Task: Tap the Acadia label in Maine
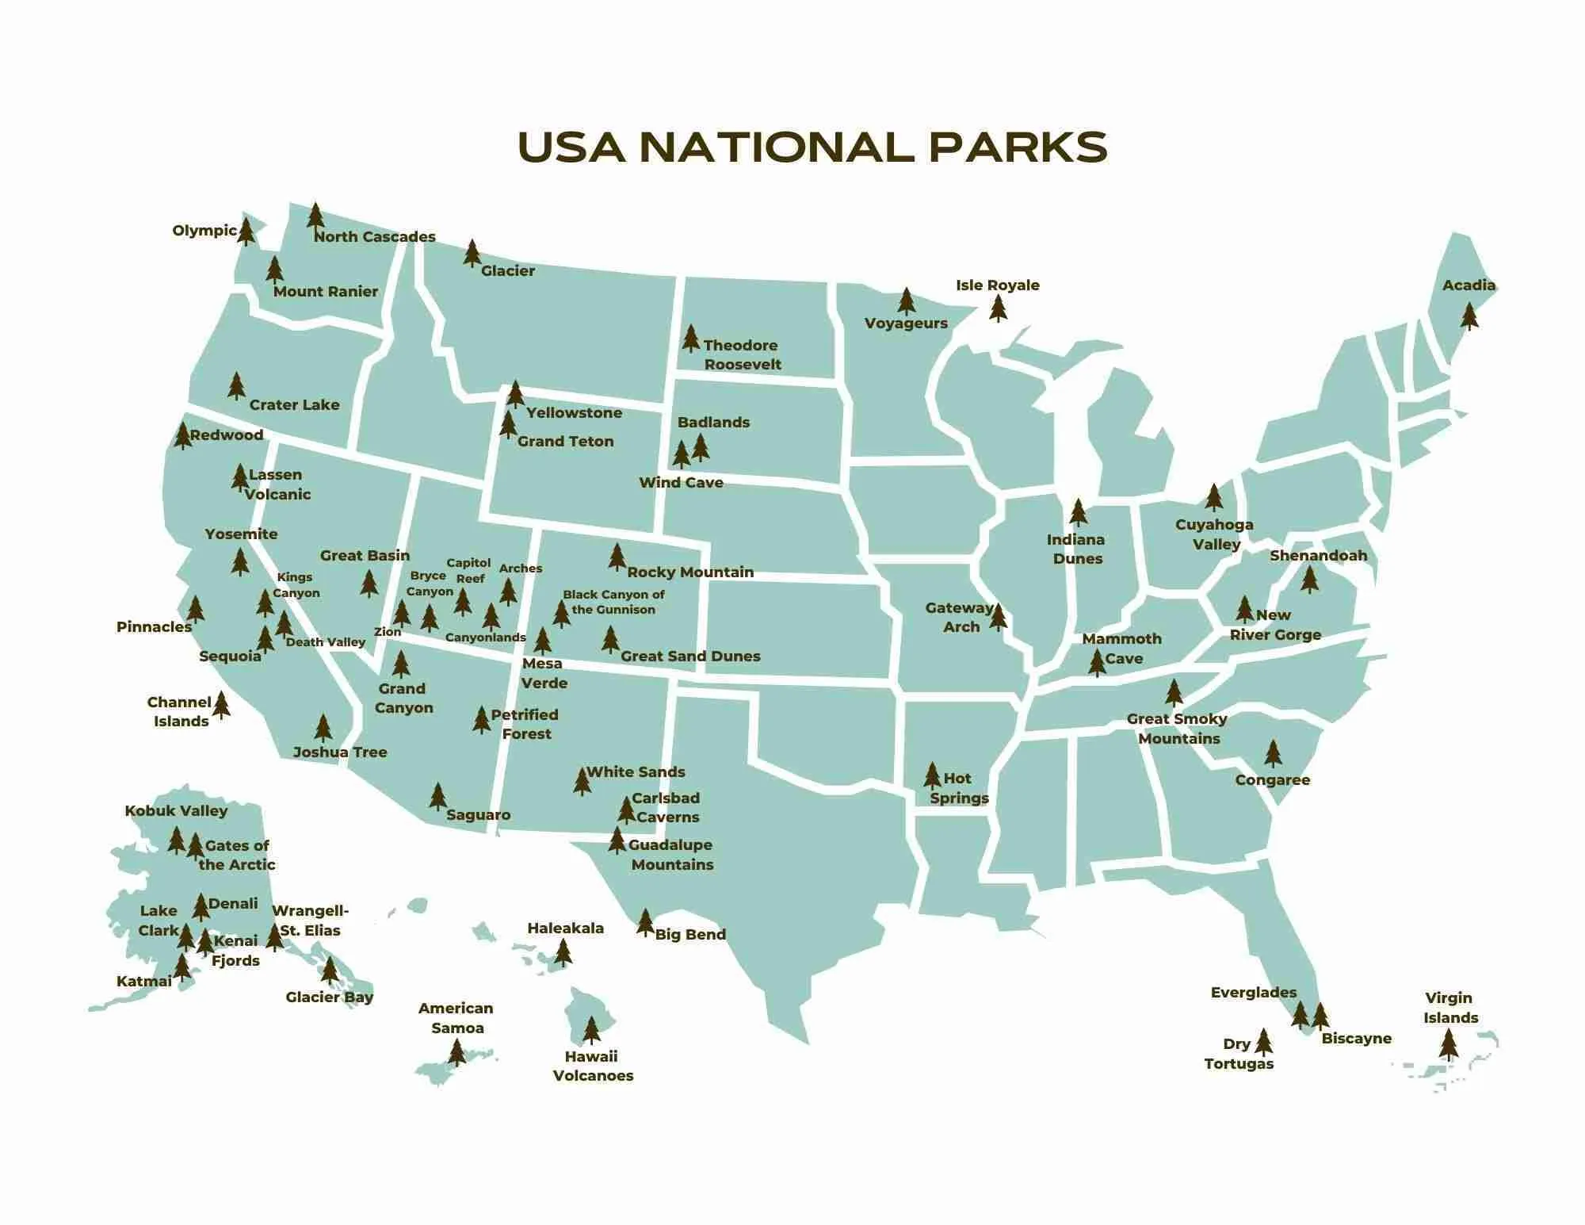[x=1469, y=285]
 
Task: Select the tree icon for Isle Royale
[x=999, y=308]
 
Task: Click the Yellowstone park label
[x=574, y=413]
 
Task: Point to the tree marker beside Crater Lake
[x=236, y=386]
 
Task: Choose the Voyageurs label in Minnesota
[x=906, y=323]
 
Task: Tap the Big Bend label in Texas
[x=690, y=935]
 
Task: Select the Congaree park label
[x=1272, y=780]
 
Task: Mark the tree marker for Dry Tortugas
[x=1263, y=1043]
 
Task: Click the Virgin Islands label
[x=1450, y=1008]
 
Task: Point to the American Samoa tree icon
[x=456, y=1052]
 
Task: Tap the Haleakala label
[x=565, y=928]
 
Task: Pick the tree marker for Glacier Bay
[x=330, y=970]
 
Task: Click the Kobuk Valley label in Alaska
[x=176, y=811]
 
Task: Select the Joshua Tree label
[x=340, y=752]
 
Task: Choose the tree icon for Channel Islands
[x=221, y=704]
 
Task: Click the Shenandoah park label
[x=1318, y=556]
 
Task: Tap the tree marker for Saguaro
[x=437, y=796]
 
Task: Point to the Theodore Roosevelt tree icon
[x=691, y=339]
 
